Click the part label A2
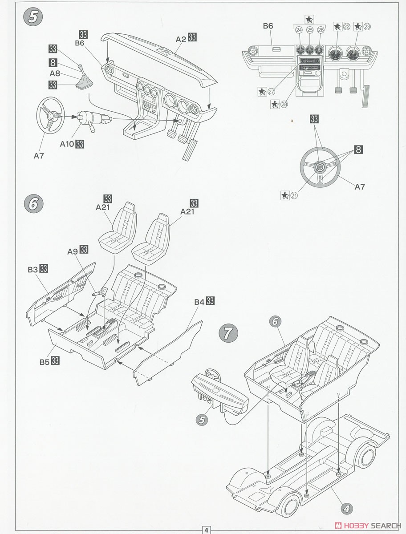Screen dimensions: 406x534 181,39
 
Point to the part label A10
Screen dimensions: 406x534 67,144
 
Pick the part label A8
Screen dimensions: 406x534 55,73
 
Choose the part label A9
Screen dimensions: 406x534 73,251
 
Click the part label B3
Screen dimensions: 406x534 33,269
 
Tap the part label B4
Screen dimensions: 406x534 199,302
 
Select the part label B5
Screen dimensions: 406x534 45,362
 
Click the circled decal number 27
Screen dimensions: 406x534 271,92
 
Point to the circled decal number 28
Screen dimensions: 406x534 284,105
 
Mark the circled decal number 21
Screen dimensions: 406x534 294,195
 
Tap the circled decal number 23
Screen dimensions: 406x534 367,27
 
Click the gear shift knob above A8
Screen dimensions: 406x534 80,66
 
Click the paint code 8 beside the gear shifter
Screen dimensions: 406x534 53,63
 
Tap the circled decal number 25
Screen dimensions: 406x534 310,30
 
